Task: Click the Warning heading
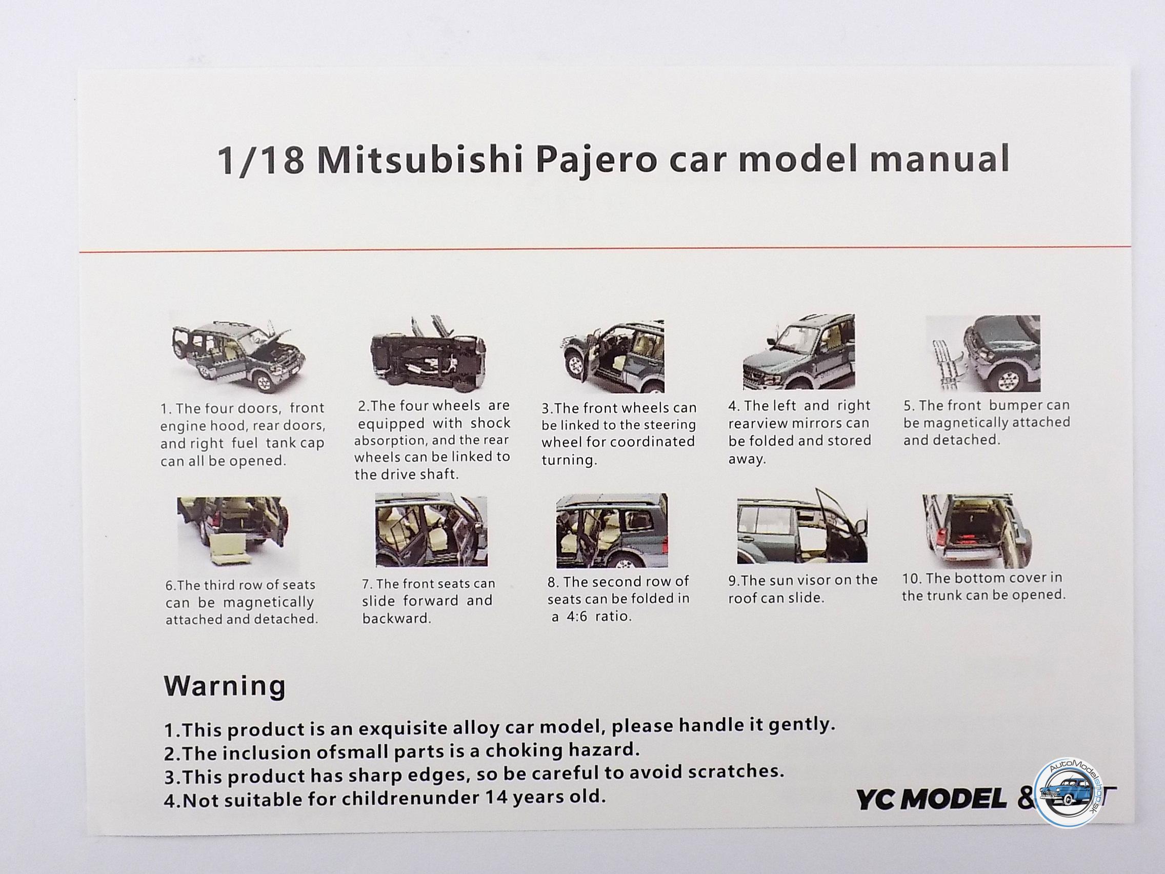pos(225,686)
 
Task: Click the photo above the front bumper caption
pos(983,353)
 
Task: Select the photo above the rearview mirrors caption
pos(799,352)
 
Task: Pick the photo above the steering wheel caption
pos(611,355)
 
